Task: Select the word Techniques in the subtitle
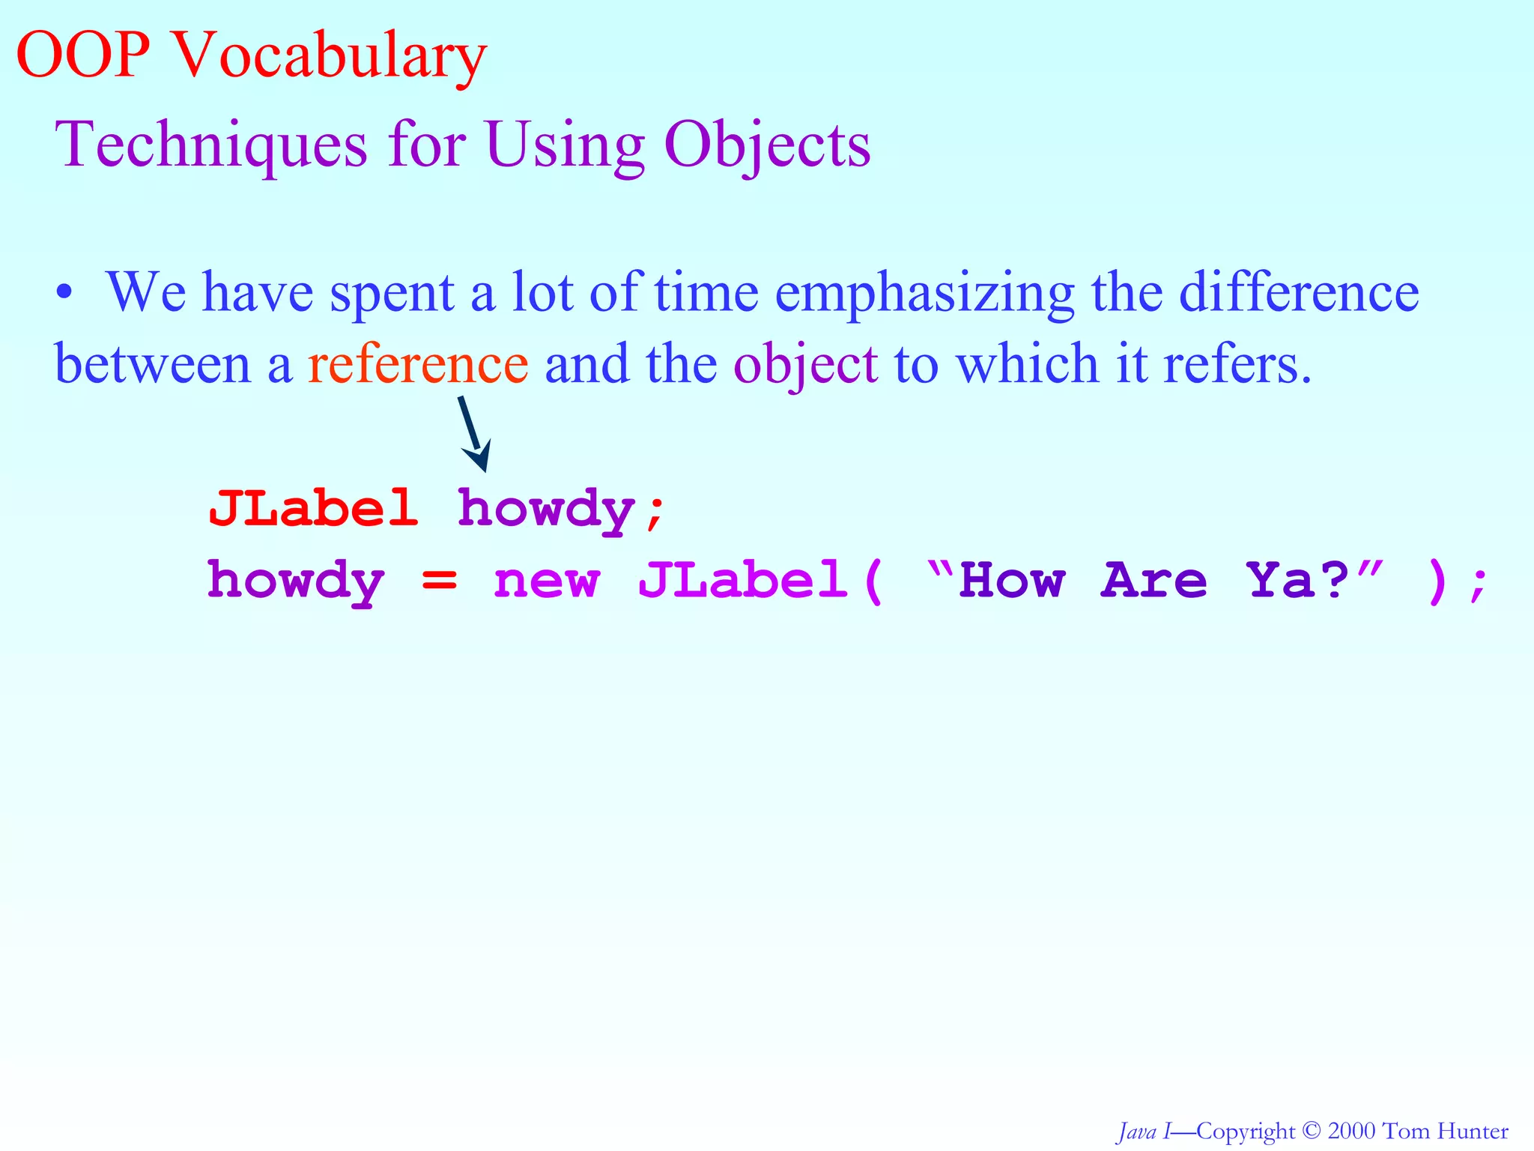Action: point(212,145)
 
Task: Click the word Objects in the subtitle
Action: point(767,145)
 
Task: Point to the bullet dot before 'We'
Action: point(65,294)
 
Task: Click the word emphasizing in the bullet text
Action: point(925,293)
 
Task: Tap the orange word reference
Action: point(418,364)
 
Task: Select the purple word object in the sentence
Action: point(805,366)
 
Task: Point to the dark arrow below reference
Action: point(473,434)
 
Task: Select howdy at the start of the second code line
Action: point(296,581)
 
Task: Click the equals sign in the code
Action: point(439,580)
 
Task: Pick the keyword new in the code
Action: point(547,581)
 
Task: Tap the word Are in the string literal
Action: point(1154,580)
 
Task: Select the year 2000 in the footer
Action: point(1353,1131)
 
